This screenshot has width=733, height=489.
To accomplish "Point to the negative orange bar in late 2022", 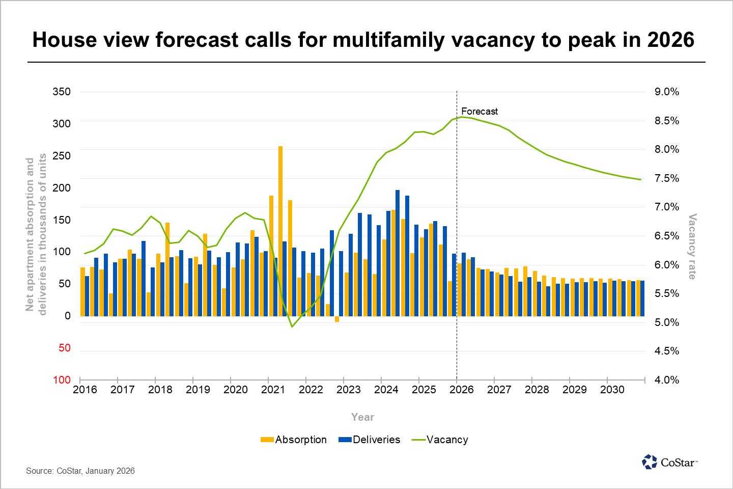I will coord(337,319).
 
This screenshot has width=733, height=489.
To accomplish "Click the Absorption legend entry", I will coord(294,440).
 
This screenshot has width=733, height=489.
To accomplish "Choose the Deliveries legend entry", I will coord(370,440).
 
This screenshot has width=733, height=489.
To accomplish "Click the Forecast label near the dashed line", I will coord(480,111).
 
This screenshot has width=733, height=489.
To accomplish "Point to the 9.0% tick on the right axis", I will coord(667,92).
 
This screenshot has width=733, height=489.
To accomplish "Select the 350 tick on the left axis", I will coord(62,92).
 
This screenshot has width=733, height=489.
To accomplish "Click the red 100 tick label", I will coord(62,380).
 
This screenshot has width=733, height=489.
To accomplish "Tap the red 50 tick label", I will coord(65,348).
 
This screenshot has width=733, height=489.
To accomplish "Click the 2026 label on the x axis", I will coord(462,390).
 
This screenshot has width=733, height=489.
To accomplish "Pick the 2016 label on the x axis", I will coord(85,390).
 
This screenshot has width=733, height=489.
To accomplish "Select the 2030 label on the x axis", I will coord(612,390).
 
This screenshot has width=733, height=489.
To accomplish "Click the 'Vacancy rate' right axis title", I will coord(692,247).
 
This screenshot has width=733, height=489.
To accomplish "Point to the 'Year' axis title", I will coord(362,417).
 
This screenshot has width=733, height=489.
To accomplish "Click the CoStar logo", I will coord(670,462).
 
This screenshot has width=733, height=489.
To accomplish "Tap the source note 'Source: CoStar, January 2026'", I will coord(80,471).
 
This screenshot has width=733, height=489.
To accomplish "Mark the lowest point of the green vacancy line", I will coord(292,327).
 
